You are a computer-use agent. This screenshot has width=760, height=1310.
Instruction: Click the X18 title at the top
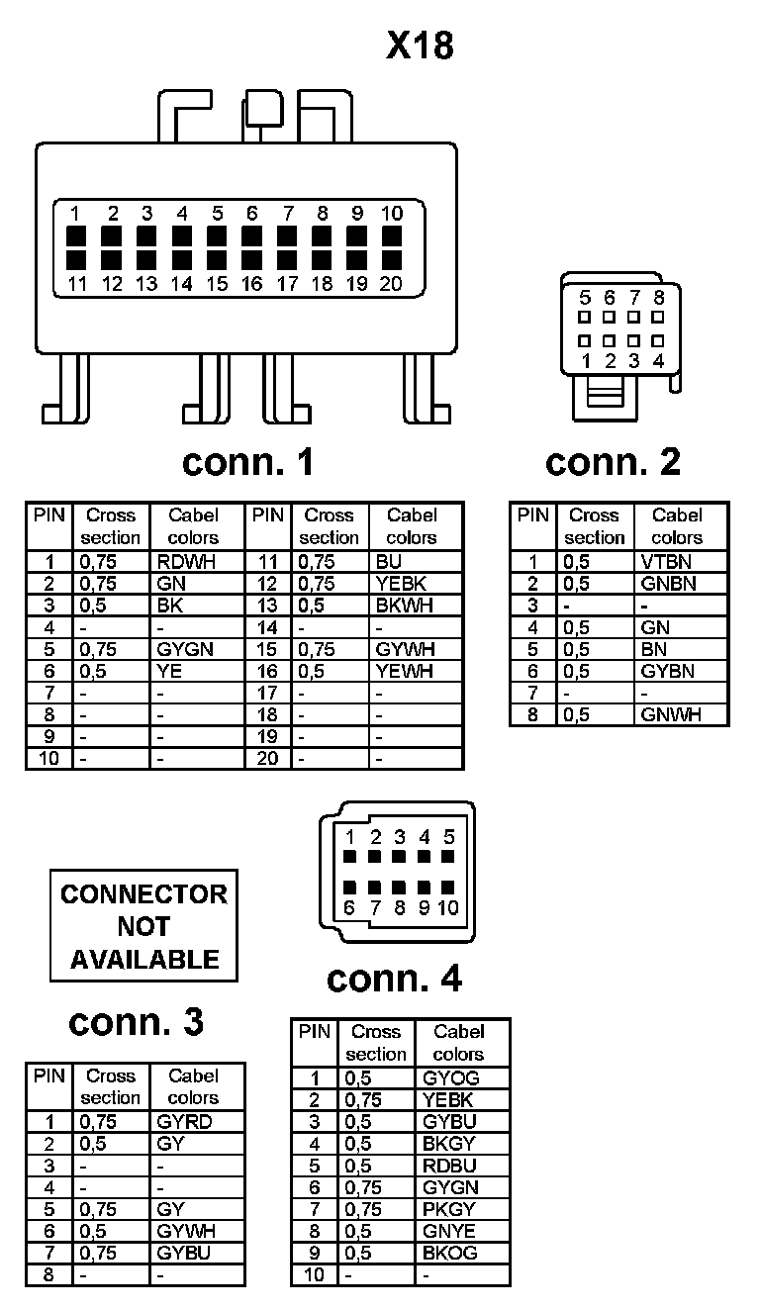[x=420, y=47]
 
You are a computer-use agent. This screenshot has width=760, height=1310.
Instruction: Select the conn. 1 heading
[x=247, y=461]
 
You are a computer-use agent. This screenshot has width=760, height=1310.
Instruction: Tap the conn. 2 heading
[x=613, y=461]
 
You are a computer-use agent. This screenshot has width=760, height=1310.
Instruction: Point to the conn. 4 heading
[x=394, y=979]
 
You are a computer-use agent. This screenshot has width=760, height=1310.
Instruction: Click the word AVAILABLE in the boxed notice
[x=144, y=959]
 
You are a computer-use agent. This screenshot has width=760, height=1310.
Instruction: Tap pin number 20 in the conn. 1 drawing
[x=392, y=284]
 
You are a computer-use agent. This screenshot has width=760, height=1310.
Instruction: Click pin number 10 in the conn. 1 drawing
[x=392, y=213]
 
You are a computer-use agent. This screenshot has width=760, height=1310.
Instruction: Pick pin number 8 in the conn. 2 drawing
[x=659, y=297]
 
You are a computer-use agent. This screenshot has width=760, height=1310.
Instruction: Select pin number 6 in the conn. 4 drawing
[x=349, y=906]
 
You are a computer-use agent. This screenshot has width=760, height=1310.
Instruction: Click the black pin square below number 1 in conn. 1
[x=77, y=236]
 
